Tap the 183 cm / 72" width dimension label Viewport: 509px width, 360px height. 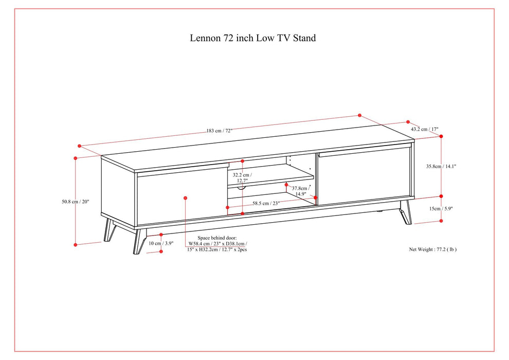point(220,131)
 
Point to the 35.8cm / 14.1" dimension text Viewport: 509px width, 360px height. point(441,166)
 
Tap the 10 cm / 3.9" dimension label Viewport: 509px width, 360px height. point(161,243)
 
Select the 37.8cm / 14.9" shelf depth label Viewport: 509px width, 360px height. point(300,191)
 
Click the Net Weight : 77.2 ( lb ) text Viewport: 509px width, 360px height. point(432,249)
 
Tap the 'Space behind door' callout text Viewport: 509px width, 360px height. point(217,244)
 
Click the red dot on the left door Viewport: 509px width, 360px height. point(185,197)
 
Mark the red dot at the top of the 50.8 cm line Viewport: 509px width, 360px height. point(76,158)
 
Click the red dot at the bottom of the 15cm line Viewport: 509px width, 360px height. point(441,220)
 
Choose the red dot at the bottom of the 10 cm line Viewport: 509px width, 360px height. point(161,251)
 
